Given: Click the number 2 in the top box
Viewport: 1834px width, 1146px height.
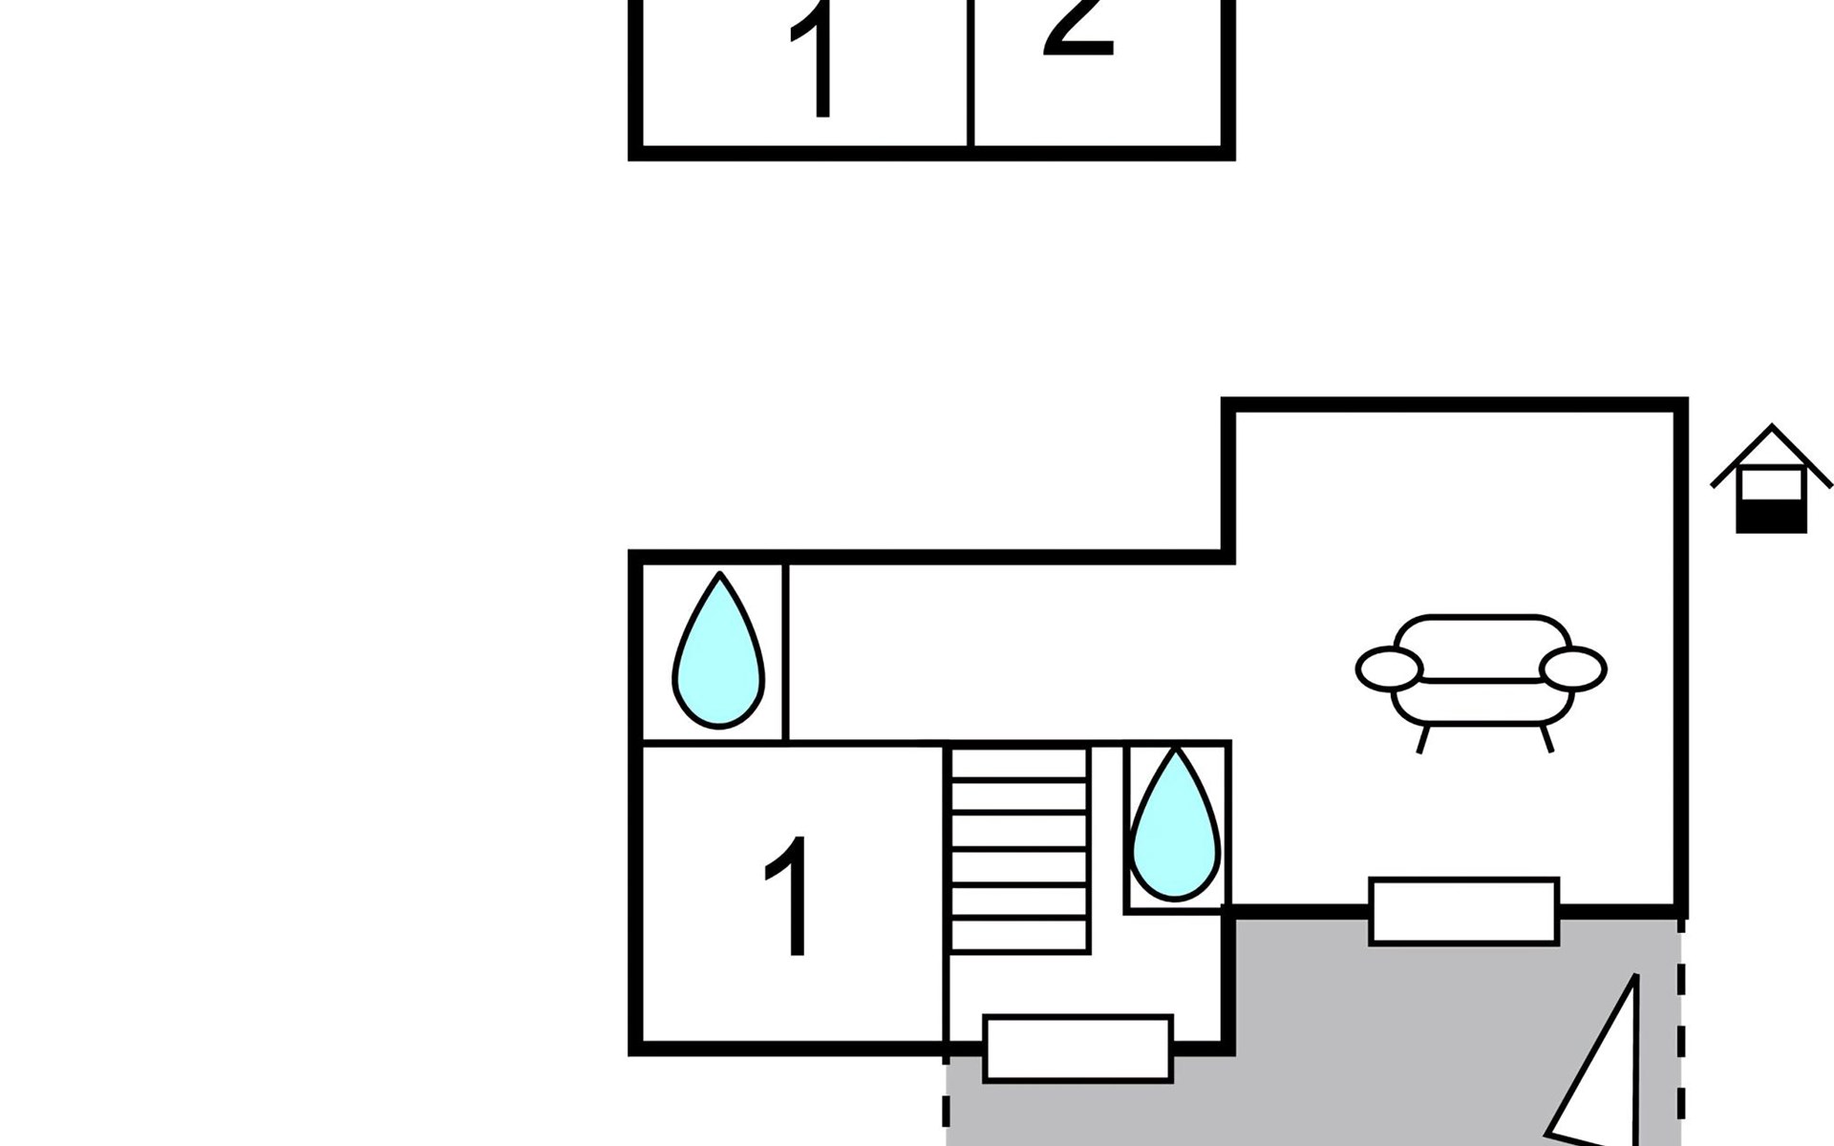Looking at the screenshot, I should click(x=1079, y=29).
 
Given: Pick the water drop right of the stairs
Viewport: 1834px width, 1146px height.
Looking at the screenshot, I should click(x=1176, y=827).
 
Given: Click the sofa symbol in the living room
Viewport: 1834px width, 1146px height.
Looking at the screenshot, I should click(x=1482, y=673).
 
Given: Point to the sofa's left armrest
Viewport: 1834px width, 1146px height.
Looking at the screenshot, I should click(x=1389, y=668).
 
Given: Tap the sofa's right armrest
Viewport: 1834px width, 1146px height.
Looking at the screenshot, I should click(x=1573, y=668).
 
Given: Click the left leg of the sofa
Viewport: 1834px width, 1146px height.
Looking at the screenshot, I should click(x=1423, y=739).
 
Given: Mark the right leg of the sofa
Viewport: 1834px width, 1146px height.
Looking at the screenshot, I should click(x=1546, y=738).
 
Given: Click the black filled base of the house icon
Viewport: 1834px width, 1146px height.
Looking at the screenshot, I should click(x=1771, y=518).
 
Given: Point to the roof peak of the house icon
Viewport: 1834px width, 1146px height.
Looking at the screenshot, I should click(x=1772, y=428).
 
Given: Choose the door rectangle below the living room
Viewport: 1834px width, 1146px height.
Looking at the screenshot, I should click(x=1463, y=911).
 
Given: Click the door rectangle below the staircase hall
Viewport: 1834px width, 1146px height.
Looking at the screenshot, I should click(x=1077, y=1049).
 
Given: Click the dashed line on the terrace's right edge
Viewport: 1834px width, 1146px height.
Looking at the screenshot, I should click(x=1681, y=1031).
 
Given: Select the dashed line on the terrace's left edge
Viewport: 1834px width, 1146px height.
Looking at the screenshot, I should click(x=946, y=1108).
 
